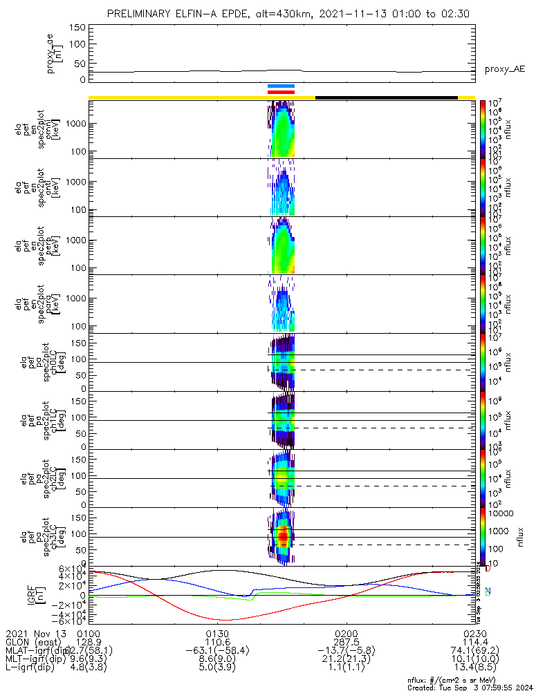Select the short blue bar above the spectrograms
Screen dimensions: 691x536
click(x=281, y=86)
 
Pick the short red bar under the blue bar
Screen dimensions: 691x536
click(x=281, y=91)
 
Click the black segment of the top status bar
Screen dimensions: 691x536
click(x=386, y=97)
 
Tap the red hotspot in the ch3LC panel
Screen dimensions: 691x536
click(x=282, y=536)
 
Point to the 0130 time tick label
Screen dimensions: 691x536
click(x=217, y=633)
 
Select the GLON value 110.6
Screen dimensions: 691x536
click(x=217, y=642)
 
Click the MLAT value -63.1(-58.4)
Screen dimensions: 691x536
click(x=217, y=651)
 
